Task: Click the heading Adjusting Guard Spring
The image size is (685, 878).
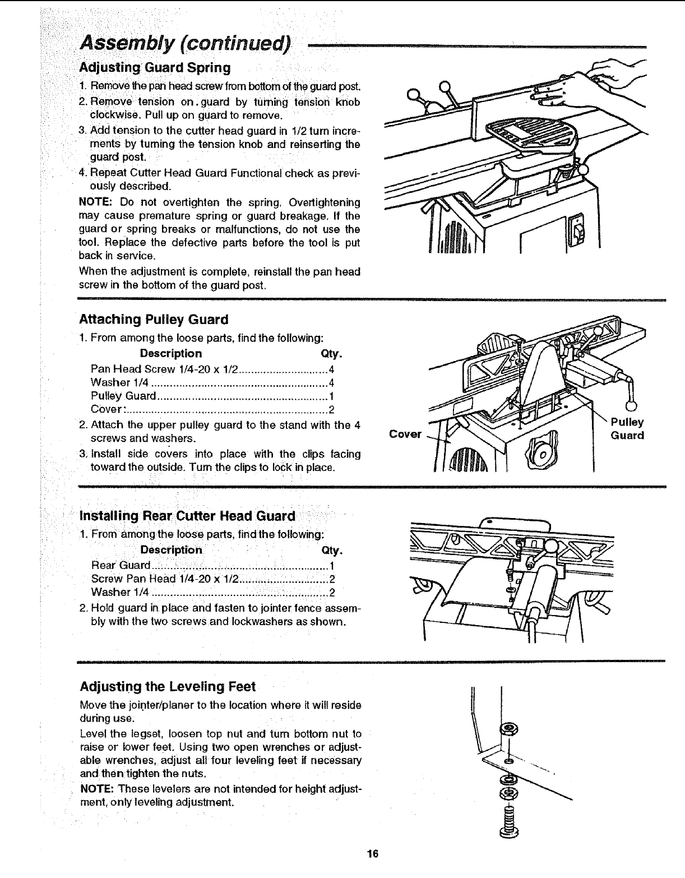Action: (x=155, y=68)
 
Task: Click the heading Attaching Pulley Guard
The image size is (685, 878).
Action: (x=154, y=320)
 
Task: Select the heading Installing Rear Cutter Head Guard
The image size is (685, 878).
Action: (x=187, y=516)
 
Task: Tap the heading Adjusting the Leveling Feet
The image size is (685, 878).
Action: (x=168, y=687)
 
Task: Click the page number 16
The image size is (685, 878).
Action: (x=373, y=854)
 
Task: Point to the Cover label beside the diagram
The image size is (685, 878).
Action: (x=405, y=435)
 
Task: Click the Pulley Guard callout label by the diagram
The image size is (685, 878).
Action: (x=627, y=429)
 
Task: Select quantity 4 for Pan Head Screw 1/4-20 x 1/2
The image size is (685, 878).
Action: (x=331, y=369)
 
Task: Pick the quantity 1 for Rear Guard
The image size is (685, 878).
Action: (x=332, y=566)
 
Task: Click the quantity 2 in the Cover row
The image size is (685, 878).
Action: (x=331, y=409)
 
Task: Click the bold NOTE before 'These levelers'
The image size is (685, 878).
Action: (x=94, y=789)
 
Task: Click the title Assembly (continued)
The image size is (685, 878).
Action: (x=186, y=42)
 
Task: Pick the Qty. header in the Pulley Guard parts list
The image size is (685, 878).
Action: (x=331, y=354)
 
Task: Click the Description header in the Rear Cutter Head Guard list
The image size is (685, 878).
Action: (x=171, y=550)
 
